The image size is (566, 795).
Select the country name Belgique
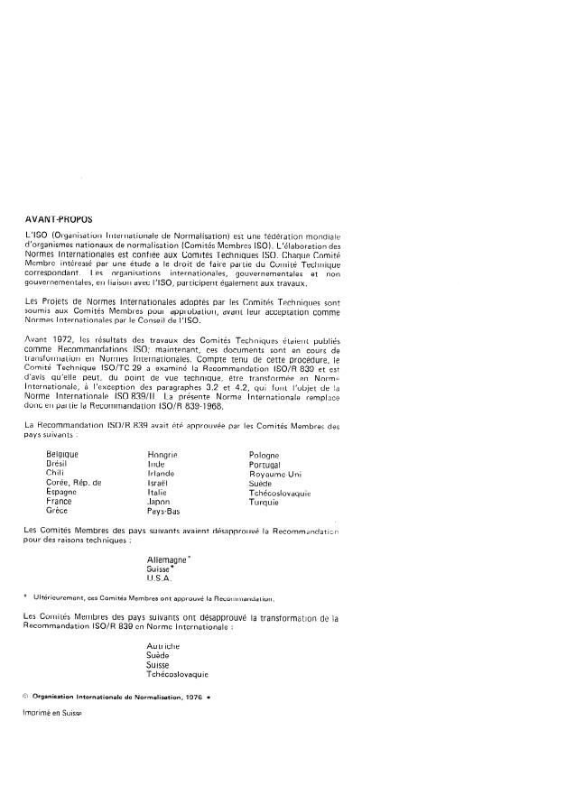(x=63, y=454)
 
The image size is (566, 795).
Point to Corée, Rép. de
(x=74, y=483)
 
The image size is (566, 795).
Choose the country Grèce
(x=57, y=511)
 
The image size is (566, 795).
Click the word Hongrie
(x=162, y=454)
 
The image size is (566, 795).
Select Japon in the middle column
(x=159, y=502)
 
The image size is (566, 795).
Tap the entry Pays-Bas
(x=163, y=511)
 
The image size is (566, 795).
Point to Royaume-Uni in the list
(x=276, y=474)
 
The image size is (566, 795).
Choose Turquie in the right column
(x=264, y=502)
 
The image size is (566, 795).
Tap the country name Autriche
(x=163, y=646)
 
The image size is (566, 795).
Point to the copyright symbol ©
(x=25, y=697)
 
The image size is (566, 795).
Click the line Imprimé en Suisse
(x=52, y=713)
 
